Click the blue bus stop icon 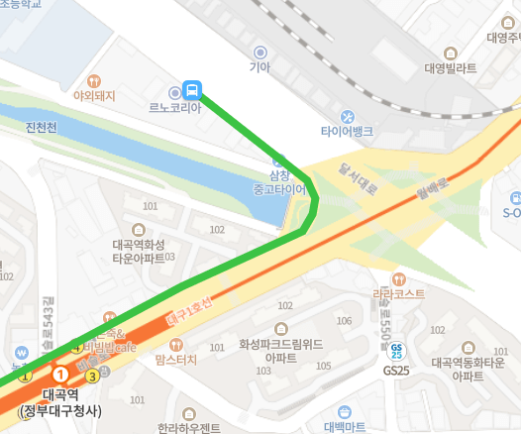[192, 89]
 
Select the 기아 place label [260, 67]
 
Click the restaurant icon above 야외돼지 [93, 81]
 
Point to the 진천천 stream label [43, 127]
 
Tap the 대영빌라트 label [451, 68]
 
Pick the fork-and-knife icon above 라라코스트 [398, 278]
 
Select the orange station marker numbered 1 [60, 375]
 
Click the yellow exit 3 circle [92, 376]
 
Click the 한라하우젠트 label [188, 428]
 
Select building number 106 [344, 321]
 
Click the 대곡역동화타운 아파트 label [468, 370]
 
